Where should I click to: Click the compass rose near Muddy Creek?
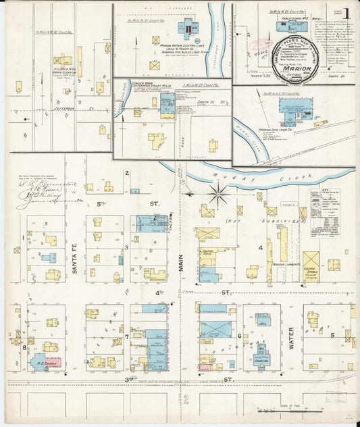pos(218,195)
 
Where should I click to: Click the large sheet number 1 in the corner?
pos(346,13)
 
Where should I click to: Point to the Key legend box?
pos(325,213)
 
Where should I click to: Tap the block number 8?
pos(24,347)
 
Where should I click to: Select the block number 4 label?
pos(260,247)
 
